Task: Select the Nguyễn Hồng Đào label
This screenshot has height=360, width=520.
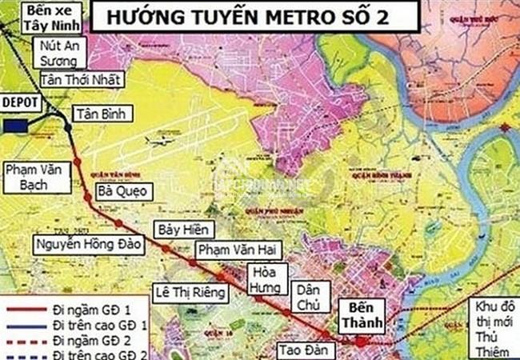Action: tap(88, 244)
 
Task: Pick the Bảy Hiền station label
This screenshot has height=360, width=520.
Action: tap(178, 229)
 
